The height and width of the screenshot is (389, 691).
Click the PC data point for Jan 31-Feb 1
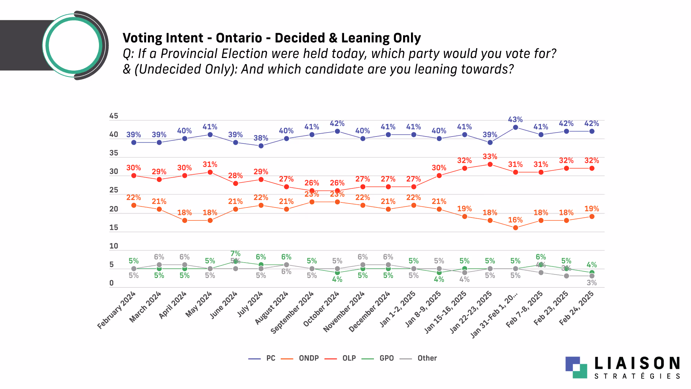point(515,128)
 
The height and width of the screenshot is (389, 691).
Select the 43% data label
point(515,120)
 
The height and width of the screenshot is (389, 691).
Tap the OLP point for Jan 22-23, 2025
point(490,165)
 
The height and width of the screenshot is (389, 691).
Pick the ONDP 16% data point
point(515,228)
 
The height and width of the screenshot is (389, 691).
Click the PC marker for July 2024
point(261,146)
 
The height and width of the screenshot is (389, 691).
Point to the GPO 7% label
point(235,254)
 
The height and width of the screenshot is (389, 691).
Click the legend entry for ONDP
point(308,358)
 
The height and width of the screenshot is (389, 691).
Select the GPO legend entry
point(387,358)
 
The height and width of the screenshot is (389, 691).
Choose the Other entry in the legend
point(427,358)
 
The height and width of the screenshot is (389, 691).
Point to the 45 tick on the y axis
point(114,116)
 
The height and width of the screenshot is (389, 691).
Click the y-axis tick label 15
point(114,228)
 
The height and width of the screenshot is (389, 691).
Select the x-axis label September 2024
point(292,312)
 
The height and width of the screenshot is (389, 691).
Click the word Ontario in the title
point(239,38)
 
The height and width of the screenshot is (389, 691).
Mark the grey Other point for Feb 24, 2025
point(592,276)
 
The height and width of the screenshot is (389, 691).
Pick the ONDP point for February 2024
point(134,205)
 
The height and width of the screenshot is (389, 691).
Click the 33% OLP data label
point(490,157)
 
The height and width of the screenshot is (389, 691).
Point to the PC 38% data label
point(261,138)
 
